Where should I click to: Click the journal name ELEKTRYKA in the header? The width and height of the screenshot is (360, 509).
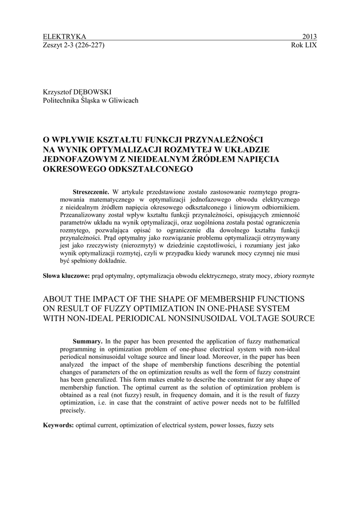(x=65, y=37)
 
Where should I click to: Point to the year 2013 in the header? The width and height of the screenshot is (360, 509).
(x=309, y=37)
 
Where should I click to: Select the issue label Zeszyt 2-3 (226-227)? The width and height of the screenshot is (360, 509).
(x=74, y=45)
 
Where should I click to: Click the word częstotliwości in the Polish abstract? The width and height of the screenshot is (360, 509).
(x=219, y=245)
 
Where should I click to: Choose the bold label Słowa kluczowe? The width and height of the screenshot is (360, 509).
(x=66, y=275)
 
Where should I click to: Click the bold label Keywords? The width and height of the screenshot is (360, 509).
(x=59, y=425)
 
